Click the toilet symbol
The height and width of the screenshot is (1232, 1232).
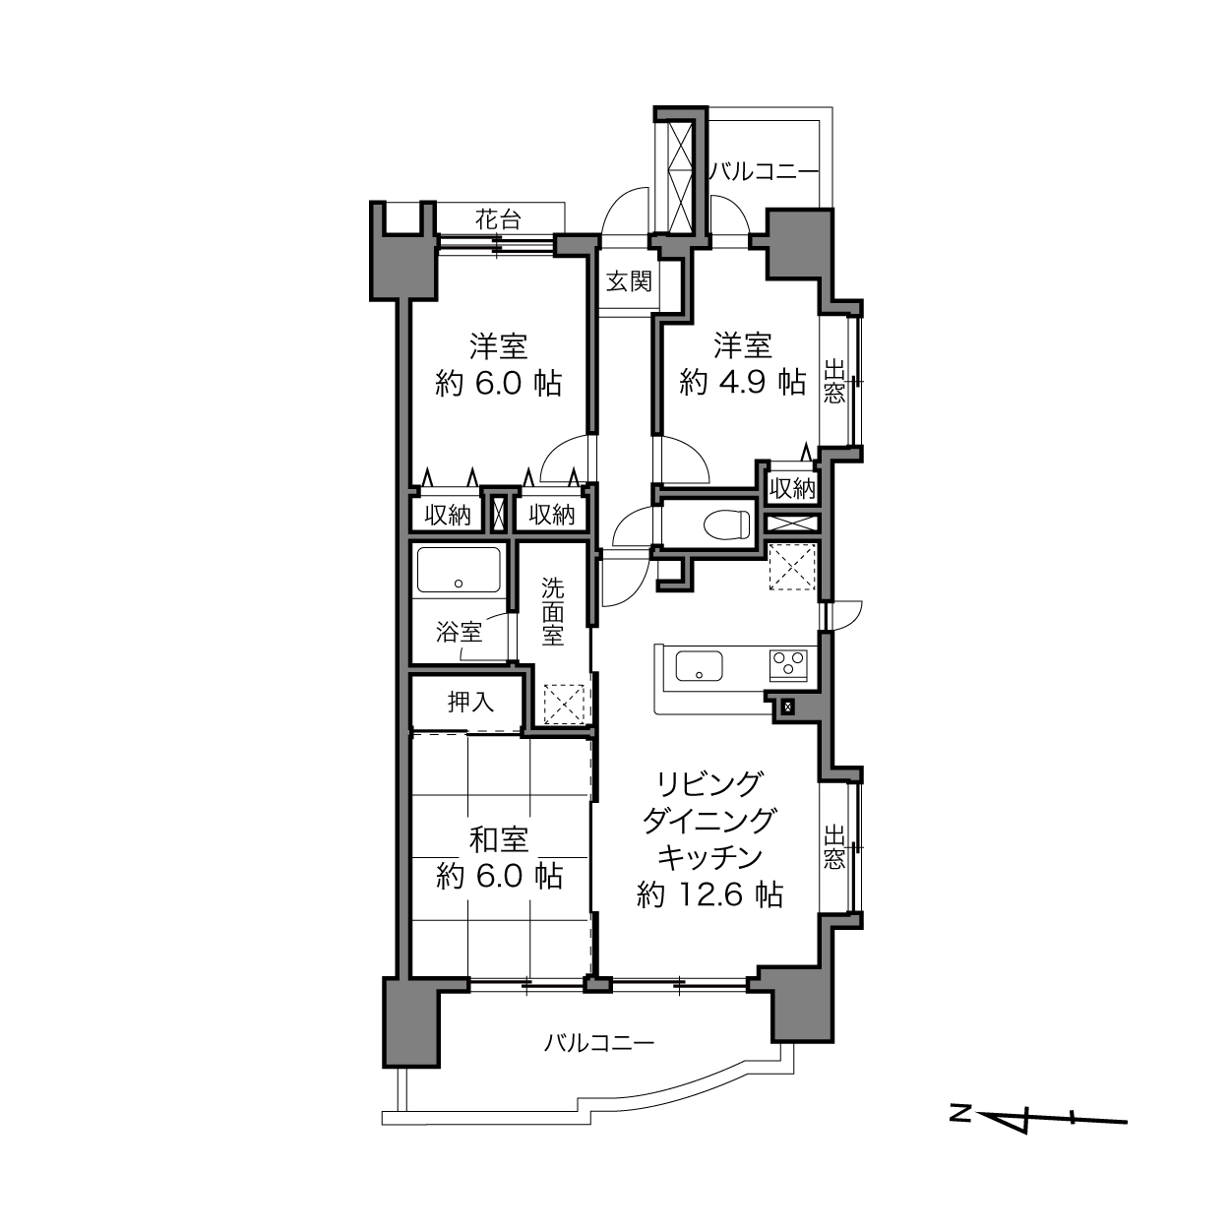727,524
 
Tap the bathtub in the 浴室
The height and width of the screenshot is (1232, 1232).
459,570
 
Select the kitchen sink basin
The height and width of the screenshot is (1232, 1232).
700,666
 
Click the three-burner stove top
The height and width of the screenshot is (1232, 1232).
789,665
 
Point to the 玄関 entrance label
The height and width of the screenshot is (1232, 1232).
629,281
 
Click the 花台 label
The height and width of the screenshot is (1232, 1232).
498,219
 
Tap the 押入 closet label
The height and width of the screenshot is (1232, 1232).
471,702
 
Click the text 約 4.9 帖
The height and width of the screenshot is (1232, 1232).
742,384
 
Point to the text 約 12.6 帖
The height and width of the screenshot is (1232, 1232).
709,894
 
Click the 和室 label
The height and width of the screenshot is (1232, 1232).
499,839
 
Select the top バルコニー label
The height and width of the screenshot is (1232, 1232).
765,172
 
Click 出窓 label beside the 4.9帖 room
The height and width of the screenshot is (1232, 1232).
833,383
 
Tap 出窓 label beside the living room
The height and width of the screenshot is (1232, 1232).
833,847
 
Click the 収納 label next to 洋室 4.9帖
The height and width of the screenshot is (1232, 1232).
793,489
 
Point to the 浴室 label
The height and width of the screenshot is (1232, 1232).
459,633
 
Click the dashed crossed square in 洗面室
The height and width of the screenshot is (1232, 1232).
564,704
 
